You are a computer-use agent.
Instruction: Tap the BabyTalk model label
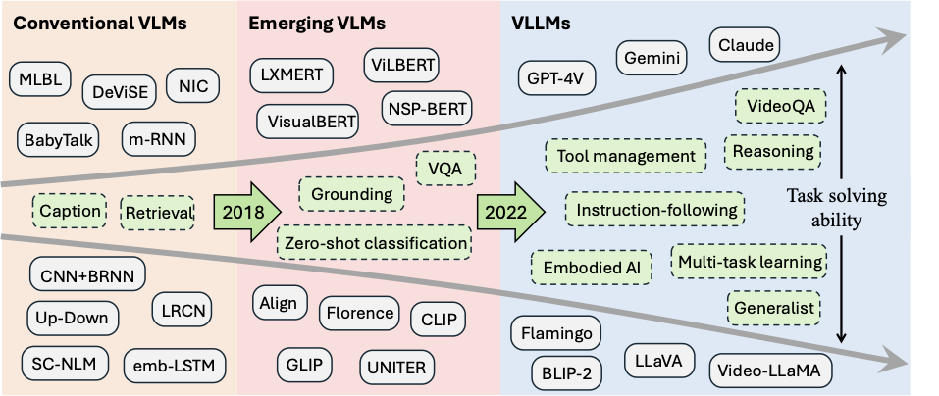[x=59, y=139]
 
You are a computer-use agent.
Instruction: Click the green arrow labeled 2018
[x=249, y=211]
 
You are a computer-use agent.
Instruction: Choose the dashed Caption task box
[x=70, y=210]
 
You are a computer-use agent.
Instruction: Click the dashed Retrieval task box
[x=157, y=210]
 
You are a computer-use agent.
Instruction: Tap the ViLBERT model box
[x=401, y=66]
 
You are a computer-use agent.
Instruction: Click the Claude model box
[x=743, y=44]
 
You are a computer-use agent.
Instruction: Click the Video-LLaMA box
[x=769, y=371]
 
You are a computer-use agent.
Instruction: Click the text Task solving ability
[x=838, y=209]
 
